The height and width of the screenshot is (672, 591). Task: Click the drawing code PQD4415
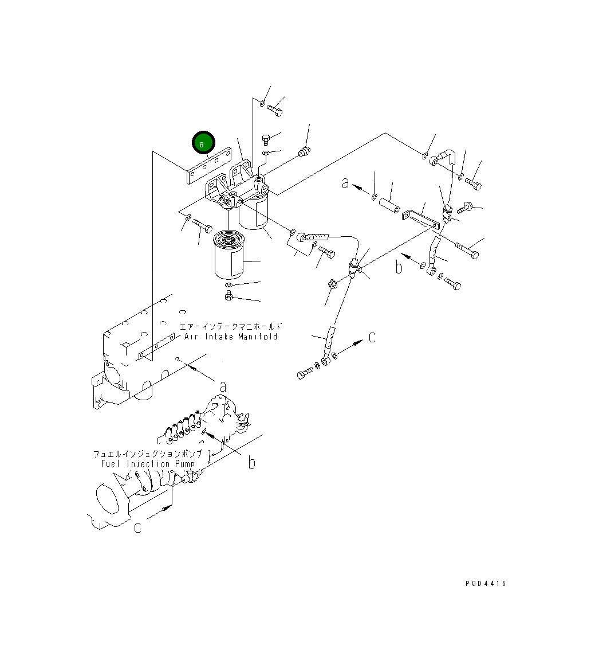tap(486, 584)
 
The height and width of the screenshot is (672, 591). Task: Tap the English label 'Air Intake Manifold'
tap(231, 337)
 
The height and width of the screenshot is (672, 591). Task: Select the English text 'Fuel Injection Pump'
tap(147, 463)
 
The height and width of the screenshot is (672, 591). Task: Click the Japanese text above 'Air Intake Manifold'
tap(231, 327)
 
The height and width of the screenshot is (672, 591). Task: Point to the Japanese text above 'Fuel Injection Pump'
tap(147, 454)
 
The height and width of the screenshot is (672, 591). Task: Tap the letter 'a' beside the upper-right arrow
tap(345, 183)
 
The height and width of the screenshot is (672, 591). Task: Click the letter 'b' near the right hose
tap(400, 268)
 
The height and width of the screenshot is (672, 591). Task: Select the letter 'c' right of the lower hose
tap(372, 338)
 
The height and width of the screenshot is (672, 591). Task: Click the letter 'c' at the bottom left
tap(137, 528)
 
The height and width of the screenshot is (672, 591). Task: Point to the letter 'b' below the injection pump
tap(251, 462)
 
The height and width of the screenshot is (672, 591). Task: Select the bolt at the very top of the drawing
tap(275, 108)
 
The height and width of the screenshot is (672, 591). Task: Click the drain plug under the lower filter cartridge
tap(227, 295)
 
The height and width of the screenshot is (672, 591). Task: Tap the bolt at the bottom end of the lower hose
tap(305, 375)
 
